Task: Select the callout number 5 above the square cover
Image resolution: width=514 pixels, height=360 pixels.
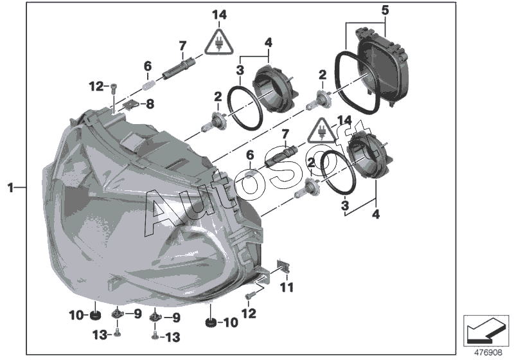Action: [x=385, y=10]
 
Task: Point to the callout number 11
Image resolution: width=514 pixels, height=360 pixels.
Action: [x=286, y=285]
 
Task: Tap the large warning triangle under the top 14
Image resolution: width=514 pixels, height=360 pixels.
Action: [x=220, y=41]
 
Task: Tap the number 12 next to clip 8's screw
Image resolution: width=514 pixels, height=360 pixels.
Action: [x=96, y=85]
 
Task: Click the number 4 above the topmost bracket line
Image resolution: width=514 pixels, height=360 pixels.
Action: [x=269, y=42]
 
